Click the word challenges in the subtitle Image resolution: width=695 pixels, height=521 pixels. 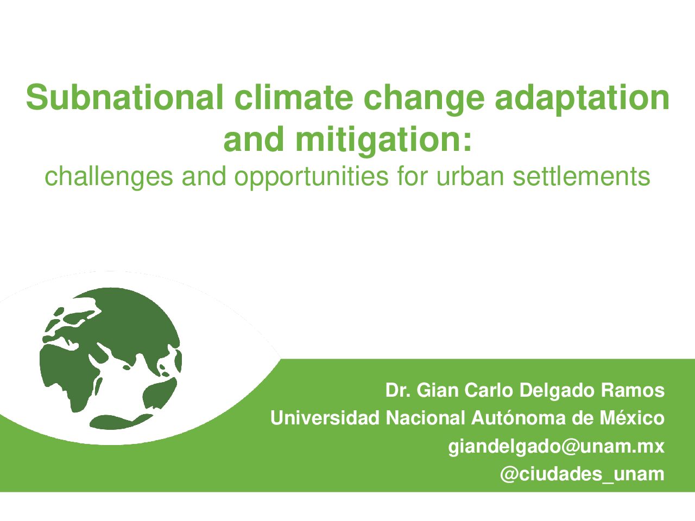click(x=109, y=177)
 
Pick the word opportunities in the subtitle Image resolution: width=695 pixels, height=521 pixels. click(x=311, y=177)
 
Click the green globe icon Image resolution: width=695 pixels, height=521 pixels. click(x=111, y=358)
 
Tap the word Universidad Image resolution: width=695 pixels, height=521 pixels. click(x=325, y=418)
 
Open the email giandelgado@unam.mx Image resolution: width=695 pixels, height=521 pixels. click(x=556, y=447)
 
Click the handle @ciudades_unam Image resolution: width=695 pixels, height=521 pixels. click(x=582, y=474)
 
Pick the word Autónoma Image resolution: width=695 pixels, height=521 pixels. click(x=519, y=418)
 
